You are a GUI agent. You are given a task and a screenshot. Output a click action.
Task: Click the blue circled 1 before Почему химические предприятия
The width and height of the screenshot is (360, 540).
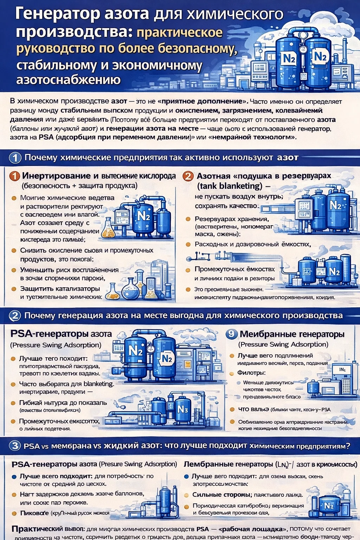tap(15, 157)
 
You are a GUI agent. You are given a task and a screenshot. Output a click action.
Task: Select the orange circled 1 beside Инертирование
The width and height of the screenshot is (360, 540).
tap(14, 176)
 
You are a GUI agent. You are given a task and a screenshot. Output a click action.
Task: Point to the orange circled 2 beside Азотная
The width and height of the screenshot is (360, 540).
tap(188, 176)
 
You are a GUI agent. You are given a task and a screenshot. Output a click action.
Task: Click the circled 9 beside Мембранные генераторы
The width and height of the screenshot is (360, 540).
tap(231, 334)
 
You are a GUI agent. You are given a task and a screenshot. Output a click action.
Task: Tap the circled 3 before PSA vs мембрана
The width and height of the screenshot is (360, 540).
tap(15, 446)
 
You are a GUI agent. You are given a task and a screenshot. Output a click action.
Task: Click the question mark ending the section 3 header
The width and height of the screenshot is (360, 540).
tap(348, 446)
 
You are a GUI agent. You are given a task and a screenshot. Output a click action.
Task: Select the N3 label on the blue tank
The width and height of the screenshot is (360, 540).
tap(183, 410)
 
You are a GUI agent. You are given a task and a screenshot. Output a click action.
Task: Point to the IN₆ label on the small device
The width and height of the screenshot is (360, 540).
tap(342, 370)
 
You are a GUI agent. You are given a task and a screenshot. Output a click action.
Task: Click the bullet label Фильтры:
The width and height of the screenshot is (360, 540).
tap(251, 373)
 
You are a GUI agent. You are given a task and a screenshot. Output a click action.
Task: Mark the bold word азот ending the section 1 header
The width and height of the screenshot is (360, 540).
tap(287, 157)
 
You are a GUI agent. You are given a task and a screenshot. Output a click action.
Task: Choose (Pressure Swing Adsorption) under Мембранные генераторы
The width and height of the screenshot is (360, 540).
tap(283, 345)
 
